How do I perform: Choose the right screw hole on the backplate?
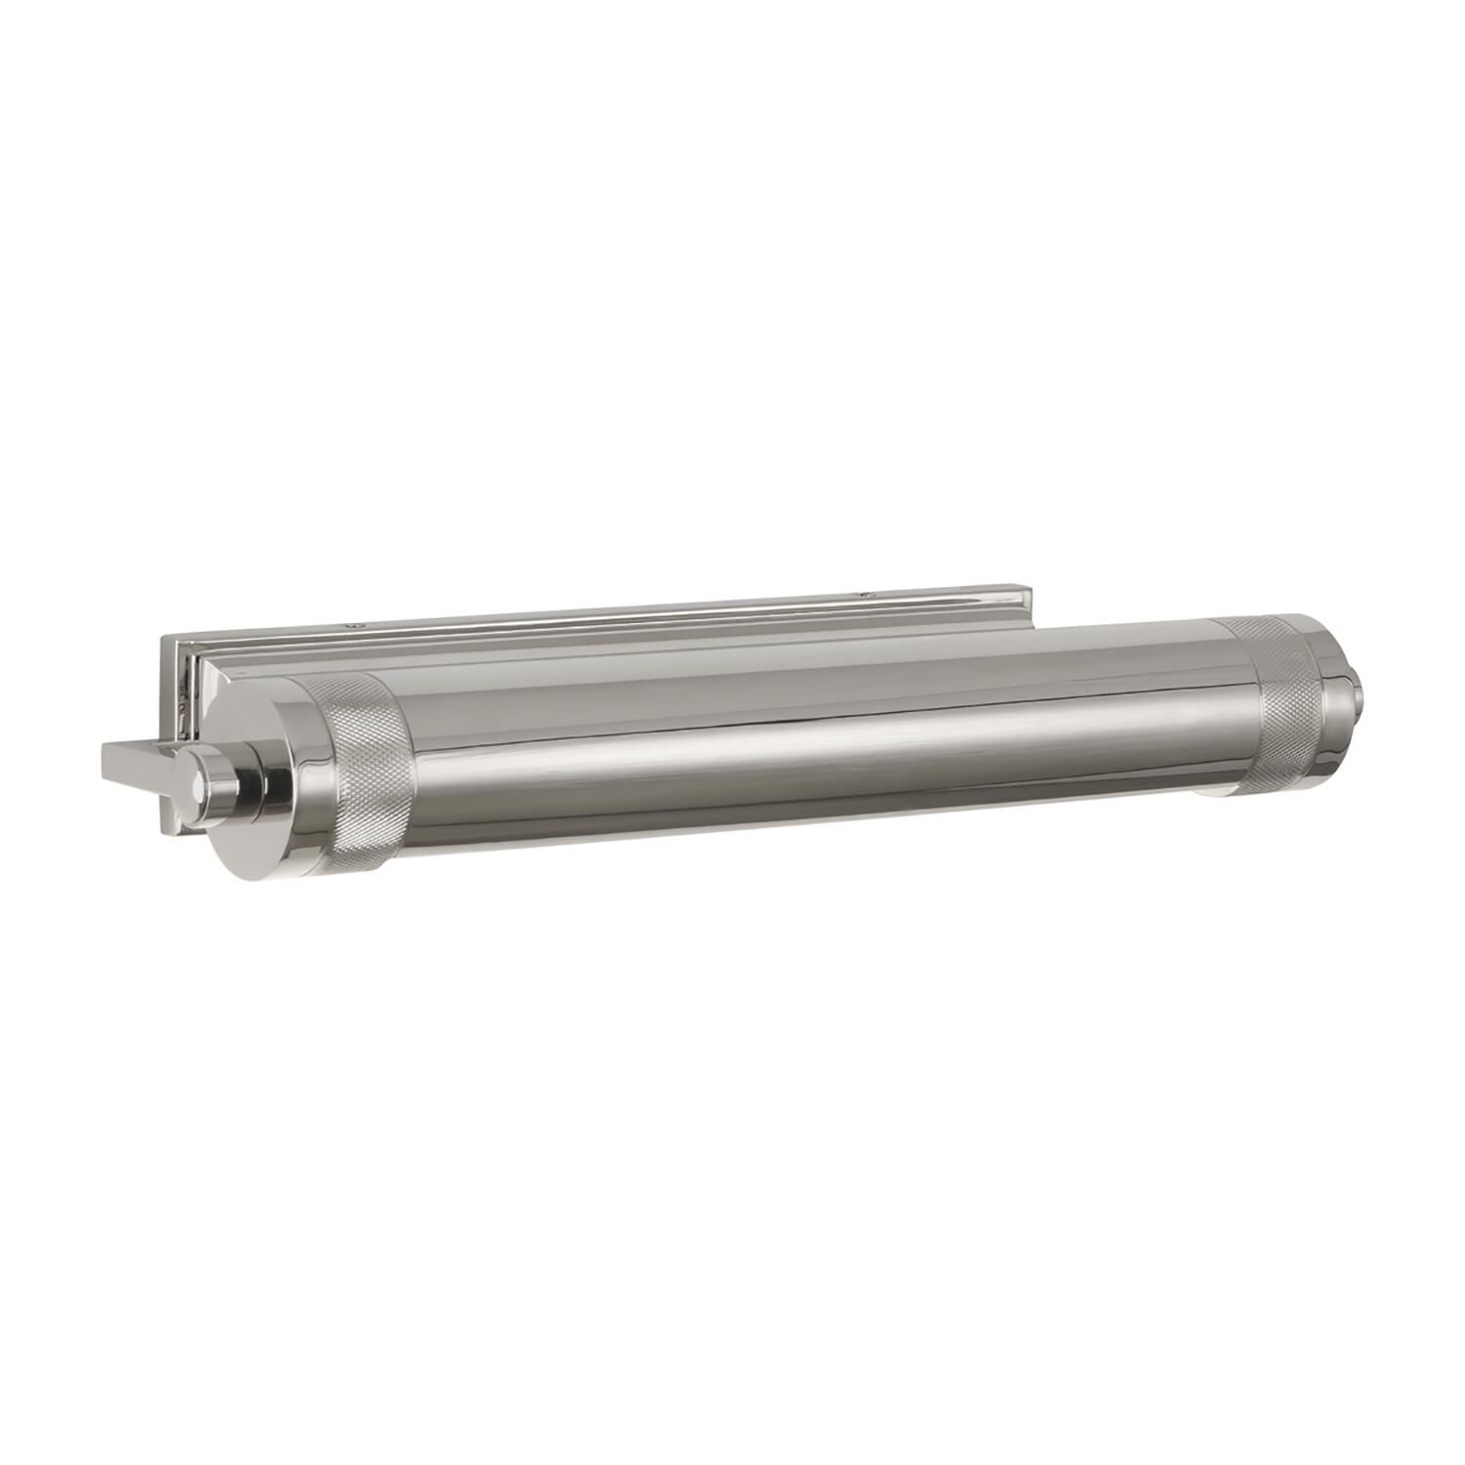pyautogui.click(x=862, y=593)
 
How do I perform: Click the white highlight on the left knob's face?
pyautogui.click(x=199, y=782)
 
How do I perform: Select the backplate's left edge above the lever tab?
pyautogui.click(x=163, y=693)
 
